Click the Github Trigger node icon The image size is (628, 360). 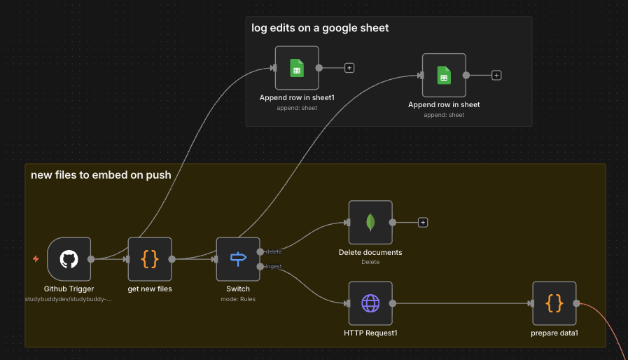(69, 258)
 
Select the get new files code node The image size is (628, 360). (150, 258)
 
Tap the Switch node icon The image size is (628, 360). (238, 258)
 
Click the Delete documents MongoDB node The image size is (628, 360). (370, 222)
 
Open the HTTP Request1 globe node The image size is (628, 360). (370, 303)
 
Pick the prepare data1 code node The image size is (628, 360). (554, 303)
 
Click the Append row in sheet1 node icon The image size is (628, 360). (297, 68)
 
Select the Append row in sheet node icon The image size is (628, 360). (444, 75)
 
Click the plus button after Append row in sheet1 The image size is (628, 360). (349, 68)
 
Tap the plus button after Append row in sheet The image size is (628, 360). (496, 75)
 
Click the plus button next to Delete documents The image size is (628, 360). (423, 222)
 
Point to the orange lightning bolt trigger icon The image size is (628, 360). (36, 259)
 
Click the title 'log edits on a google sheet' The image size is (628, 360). (320, 28)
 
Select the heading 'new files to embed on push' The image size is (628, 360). (101, 175)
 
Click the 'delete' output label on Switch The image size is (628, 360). (274, 251)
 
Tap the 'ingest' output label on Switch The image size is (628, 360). (274, 266)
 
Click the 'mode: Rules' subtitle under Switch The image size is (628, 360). (238, 299)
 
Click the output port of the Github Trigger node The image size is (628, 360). (91, 258)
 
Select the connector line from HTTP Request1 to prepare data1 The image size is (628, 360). (462, 303)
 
